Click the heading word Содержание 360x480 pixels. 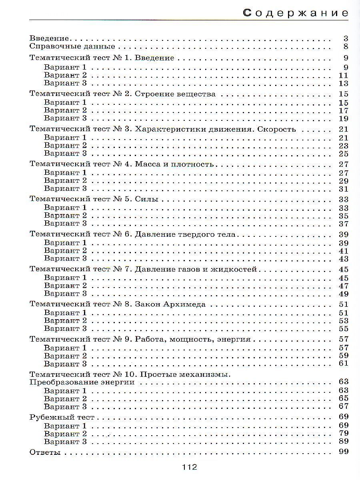pyautogui.click(x=296, y=13)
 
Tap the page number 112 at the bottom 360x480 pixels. pyautogui.click(x=190, y=467)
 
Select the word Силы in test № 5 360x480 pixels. pyautogui.click(x=147, y=199)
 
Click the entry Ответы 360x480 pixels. pyautogui.click(x=45, y=452)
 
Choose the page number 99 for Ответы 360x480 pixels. pyautogui.click(x=344, y=452)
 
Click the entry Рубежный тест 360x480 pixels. pyautogui.click(x=62, y=418)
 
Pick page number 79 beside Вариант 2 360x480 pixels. pyautogui.click(x=344, y=434)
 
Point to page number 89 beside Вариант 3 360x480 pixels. pyautogui.click(x=344, y=442)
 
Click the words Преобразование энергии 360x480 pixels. pyautogui.click(x=82, y=382)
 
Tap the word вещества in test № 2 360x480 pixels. pyautogui.click(x=197, y=94)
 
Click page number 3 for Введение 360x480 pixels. pyautogui.click(x=346, y=39)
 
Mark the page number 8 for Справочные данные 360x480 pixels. pyautogui.click(x=346, y=47)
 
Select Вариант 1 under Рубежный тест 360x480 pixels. pyautogui.click(x=65, y=426)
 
